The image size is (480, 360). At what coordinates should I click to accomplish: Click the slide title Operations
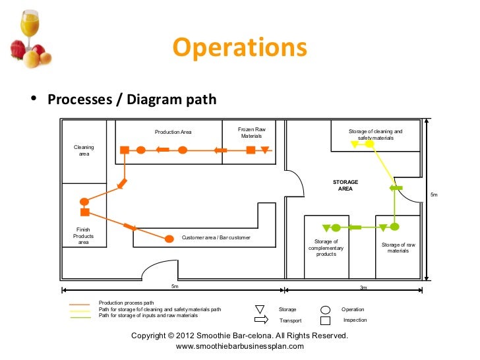239,47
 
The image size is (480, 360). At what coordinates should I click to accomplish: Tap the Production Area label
173,133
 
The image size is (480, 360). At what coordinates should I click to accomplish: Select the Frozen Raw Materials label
251,133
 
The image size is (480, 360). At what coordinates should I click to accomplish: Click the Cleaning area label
84,150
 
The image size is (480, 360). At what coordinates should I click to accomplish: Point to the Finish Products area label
84,235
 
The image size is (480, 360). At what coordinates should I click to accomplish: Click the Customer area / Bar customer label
216,237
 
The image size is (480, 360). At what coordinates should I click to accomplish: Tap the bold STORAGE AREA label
345,185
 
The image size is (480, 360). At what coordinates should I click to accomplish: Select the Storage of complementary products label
326,247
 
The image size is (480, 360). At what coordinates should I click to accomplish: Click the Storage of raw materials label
398,247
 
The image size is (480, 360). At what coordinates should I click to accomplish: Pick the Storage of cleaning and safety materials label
375,135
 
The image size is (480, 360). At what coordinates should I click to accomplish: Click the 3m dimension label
363,288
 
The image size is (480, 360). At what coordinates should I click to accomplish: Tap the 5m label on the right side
433,195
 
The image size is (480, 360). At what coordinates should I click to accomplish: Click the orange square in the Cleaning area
124,150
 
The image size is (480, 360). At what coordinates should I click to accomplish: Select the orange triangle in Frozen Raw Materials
265,150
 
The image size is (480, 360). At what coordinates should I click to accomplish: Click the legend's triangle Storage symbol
259,309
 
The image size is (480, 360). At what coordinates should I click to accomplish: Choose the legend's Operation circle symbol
325,309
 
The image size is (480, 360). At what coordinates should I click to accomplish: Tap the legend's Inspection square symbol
325,320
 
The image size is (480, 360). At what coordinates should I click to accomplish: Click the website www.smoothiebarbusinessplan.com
240,346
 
